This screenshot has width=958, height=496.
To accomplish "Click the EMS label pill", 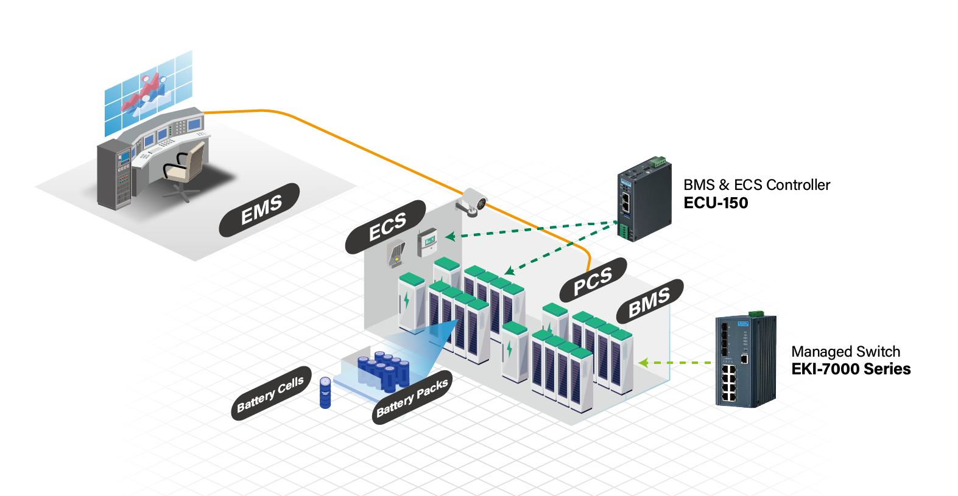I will (x=260, y=210).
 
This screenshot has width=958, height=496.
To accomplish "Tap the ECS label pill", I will (x=386, y=227).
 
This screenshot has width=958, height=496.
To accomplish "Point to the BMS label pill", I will (x=649, y=302).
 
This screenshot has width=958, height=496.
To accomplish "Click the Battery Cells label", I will (x=271, y=394).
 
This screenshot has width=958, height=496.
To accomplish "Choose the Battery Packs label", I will (x=412, y=397).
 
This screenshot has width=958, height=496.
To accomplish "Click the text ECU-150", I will (x=716, y=203).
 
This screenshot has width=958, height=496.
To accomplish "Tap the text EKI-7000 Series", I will (x=850, y=369).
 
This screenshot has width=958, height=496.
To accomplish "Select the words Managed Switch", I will (x=845, y=352).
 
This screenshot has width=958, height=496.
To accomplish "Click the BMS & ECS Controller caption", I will (x=756, y=185).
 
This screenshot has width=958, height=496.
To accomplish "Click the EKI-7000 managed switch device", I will (x=745, y=361).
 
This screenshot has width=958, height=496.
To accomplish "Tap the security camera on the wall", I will (x=473, y=203).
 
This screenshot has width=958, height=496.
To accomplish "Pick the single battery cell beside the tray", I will (x=325, y=393).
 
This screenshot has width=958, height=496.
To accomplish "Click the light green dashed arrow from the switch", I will (x=676, y=363).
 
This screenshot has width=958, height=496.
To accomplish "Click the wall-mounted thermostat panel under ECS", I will (x=427, y=242).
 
